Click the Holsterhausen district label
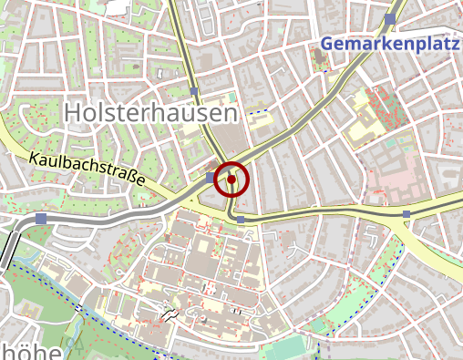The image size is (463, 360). (x=151, y=113)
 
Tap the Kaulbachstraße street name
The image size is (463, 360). (x=87, y=170)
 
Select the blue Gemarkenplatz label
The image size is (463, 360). (x=389, y=44)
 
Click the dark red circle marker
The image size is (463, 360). (x=231, y=180)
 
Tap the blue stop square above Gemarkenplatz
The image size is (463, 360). (x=390, y=18)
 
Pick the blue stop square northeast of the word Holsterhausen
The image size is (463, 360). (x=194, y=91)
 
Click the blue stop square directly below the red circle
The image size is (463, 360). (x=240, y=220)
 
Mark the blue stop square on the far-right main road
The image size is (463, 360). (x=406, y=214)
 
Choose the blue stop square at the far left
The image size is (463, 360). (x=42, y=219)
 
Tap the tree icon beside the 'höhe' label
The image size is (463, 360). (x=77, y=347)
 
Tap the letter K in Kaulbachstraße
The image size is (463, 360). (x=34, y=158)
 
